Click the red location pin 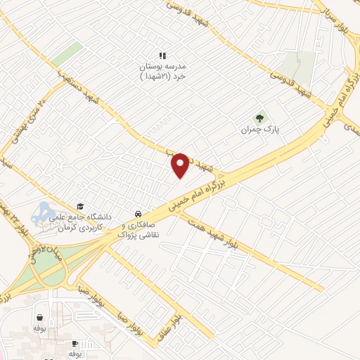181,165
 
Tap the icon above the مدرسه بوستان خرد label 162,55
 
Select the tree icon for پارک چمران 259,119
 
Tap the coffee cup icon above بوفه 75,343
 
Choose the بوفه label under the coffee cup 75,354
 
